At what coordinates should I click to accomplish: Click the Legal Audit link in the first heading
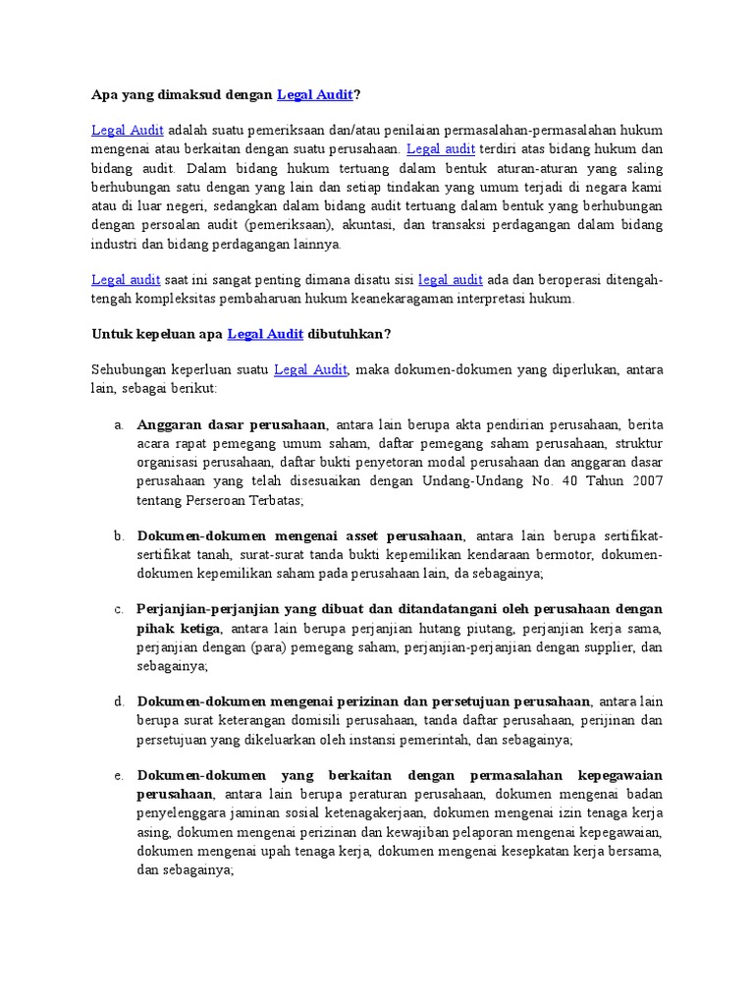coord(314,95)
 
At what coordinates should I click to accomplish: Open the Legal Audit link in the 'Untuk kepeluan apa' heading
coord(265,334)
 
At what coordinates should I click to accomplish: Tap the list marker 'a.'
coord(118,425)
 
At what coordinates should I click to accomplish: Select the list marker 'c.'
coord(118,609)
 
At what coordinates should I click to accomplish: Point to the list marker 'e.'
coord(118,776)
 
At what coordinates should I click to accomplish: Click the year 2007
coord(647,481)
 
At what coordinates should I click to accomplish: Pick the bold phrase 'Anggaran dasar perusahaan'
coord(232,425)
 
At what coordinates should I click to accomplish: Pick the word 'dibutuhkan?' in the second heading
coord(350,334)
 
